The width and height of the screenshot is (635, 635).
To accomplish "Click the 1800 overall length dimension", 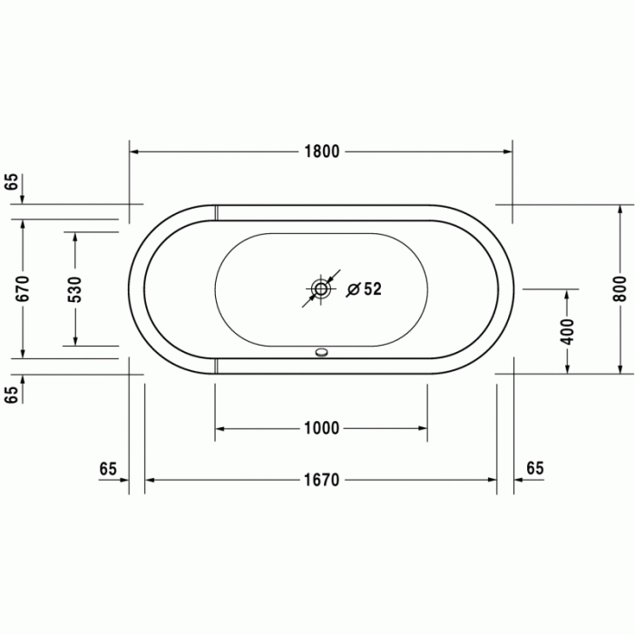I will [x=321, y=151].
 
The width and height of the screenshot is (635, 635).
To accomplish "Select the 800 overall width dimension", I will [x=620, y=288].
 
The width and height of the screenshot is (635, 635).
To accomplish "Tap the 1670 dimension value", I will [x=321, y=480].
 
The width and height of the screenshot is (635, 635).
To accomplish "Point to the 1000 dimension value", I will [x=321, y=428].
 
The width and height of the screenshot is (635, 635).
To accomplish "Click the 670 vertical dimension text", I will [x=24, y=288].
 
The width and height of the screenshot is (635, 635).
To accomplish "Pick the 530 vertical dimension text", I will [x=75, y=288].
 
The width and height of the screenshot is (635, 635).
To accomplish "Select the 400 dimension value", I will [x=568, y=330].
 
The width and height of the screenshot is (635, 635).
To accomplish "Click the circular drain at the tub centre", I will [x=321, y=290].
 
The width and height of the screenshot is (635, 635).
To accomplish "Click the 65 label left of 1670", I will [x=108, y=468].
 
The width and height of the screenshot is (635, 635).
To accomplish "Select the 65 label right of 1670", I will [x=534, y=468].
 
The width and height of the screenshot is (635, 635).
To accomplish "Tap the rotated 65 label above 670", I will [x=12, y=181].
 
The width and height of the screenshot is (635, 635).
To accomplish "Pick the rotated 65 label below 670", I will [x=12, y=395].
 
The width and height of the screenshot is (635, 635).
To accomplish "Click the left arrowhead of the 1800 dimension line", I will [x=135, y=151].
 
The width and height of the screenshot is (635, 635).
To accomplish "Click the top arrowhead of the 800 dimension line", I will [x=620, y=210].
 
